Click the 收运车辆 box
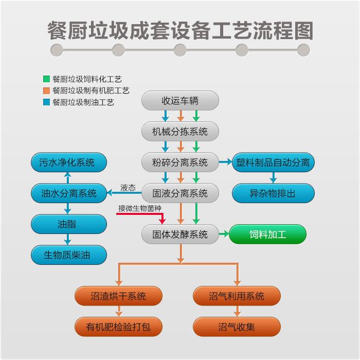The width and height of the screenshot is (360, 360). [180, 100]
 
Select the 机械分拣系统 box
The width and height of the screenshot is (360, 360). [180, 131]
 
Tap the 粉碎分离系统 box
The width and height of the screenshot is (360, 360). [180, 163]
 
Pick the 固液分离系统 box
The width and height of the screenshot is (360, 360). [180, 193]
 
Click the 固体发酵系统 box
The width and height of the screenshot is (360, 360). [180, 235]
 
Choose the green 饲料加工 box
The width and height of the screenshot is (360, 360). [267, 235]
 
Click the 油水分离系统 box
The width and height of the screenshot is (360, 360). [69, 193]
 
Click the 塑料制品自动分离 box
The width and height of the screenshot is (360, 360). [273, 163]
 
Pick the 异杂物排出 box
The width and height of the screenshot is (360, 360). [273, 193]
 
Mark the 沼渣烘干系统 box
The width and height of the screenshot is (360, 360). [118, 296]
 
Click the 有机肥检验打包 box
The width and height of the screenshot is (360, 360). [118, 327]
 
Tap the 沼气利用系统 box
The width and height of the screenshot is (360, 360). [237, 296]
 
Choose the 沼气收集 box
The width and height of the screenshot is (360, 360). [237, 327]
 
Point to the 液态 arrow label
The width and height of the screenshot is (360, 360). [128, 188]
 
